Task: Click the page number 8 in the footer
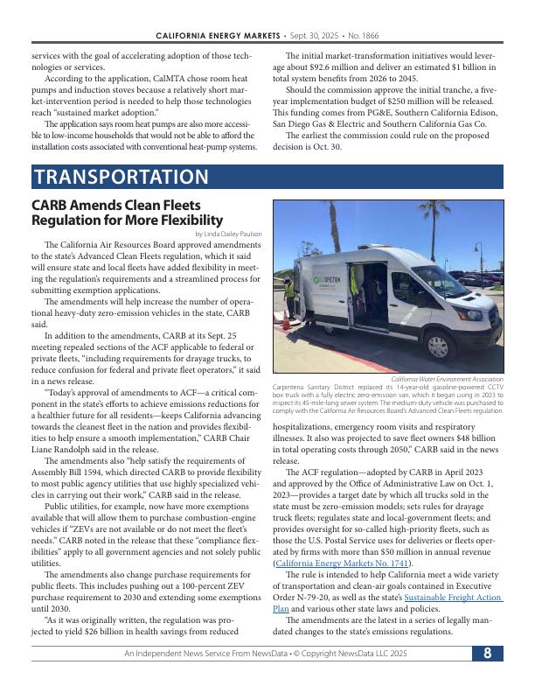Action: click(x=487, y=677)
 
